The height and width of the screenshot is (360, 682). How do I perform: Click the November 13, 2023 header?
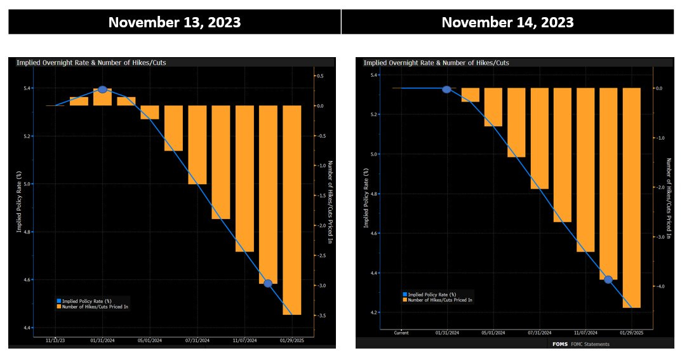click(174, 22)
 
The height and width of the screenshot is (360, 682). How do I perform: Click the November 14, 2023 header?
click(507, 22)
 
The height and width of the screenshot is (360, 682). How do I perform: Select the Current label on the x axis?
click(401, 333)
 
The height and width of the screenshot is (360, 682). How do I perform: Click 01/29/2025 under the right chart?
click(631, 333)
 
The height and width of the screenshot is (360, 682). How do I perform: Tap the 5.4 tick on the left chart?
click(28, 88)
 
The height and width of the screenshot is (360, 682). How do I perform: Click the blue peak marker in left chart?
click(102, 90)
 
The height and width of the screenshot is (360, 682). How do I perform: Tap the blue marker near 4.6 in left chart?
click(268, 283)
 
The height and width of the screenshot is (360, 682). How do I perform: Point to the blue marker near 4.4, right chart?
click(608, 279)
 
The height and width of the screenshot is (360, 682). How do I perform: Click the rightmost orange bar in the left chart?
click(292, 210)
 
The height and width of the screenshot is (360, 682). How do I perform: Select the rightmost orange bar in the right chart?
click(631, 197)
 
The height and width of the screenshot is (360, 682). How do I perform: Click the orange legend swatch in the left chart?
click(59, 307)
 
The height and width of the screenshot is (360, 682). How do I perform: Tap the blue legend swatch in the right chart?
click(405, 295)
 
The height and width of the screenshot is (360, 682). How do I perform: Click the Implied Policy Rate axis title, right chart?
click(366, 197)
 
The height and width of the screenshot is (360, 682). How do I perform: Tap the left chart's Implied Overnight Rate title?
click(91, 63)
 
